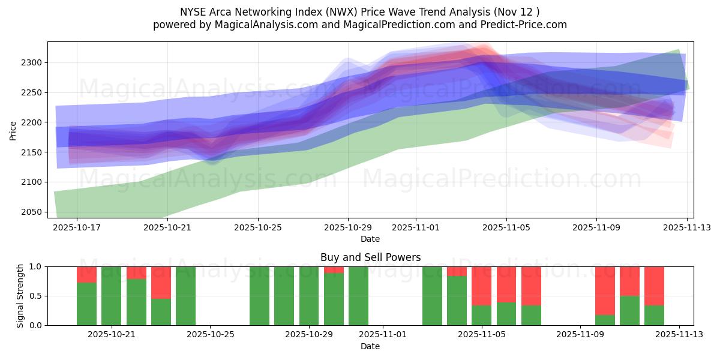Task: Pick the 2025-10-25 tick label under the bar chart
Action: [211, 335]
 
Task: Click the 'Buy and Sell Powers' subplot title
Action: [370, 257]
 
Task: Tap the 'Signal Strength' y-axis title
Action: [20, 296]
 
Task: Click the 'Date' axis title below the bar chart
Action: [370, 346]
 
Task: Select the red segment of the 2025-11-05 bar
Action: [482, 286]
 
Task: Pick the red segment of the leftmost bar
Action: [86, 274]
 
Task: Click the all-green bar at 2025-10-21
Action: [111, 296]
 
